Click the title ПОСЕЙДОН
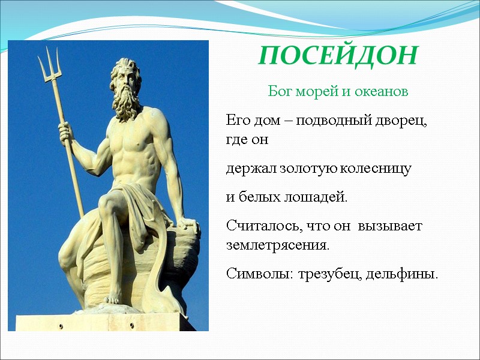(338, 56)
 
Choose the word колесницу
(376, 169)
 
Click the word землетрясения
(278, 246)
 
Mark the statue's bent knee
(109, 206)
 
